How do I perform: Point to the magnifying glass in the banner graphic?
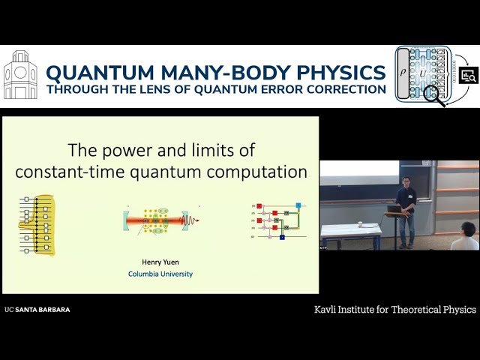pyautogui.click(x=434, y=95)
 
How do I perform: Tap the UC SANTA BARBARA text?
pyautogui.click(x=37, y=309)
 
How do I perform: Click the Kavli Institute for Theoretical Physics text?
pyautogui.click(x=395, y=309)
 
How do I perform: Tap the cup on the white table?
pyautogui.click(x=360, y=223)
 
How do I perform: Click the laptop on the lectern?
pyautogui.click(x=394, y=208)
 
